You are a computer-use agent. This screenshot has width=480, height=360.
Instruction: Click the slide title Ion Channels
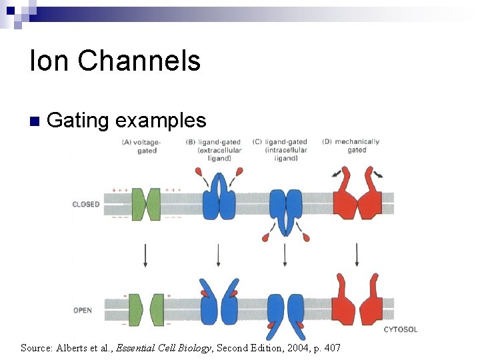(x=115, y=61)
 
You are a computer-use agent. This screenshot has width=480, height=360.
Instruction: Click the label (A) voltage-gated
(x=146, y=146)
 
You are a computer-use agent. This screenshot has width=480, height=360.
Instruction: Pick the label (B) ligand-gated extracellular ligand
(x=214, y=150)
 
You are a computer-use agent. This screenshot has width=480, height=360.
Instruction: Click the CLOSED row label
(x=85, y=205)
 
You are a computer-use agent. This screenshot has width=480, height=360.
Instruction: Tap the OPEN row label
(x=83, y=310)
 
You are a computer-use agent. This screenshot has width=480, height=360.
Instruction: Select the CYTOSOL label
(x=401, y=329)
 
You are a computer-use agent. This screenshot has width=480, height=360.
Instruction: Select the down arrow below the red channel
(x=357, y=255)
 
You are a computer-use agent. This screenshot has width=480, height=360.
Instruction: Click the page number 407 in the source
(x=331, y=347)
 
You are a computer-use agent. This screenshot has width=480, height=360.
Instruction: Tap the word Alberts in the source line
(x=74, y=347)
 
